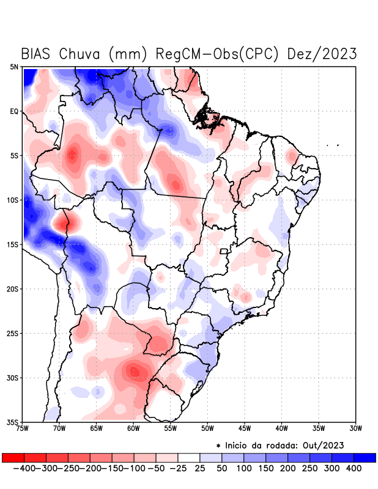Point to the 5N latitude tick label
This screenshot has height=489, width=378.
pos(14,67)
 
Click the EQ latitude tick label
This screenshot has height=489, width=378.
pos(14,111)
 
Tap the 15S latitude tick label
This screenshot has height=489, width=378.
pos(13,244)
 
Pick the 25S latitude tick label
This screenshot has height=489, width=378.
pos(13,334)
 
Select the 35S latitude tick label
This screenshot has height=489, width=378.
pos(13,422)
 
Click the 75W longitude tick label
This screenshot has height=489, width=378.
pos(23,428)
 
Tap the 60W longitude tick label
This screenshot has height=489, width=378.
pos(134,428)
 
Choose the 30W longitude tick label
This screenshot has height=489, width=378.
pos(356,428)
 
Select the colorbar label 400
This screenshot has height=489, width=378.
pos(354,468)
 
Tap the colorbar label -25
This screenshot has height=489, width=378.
pos(178,468)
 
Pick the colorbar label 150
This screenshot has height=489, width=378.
pos(265,468)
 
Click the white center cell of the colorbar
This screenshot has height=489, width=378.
pos(189,457)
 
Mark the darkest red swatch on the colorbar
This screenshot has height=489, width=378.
pos(13,457)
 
